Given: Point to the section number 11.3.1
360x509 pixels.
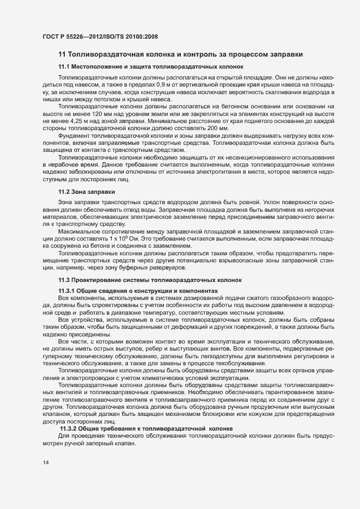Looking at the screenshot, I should tap(68, 291).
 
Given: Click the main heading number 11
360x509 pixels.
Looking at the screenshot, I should tap(62, 53).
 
